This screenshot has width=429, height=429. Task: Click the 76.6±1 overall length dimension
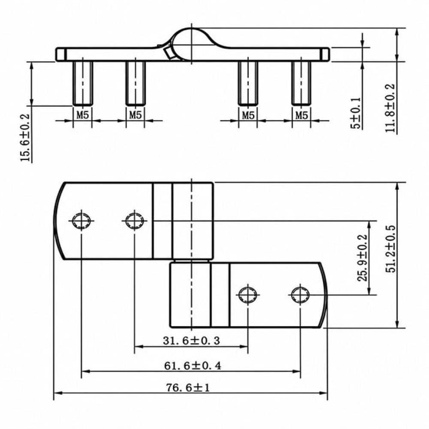pyautogui.click(x=188, y=388)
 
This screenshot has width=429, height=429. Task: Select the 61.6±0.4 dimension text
pyautogui.click(x=193, y=366)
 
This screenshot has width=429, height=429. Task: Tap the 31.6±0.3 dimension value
pyautogui.click(x=191, y=341)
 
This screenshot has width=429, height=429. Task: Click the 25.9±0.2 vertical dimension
pyautogui.click(x=362, y=258)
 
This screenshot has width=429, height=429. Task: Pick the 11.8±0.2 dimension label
pyautogui.click(x=390, y=108)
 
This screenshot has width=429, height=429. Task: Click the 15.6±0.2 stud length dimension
pyautogui.click(x=25, y=138)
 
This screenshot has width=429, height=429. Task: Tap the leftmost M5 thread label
pyautogui.click(x=83, y=115)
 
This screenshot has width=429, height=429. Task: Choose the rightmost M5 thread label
pyautogui.click(x=302, y=115)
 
